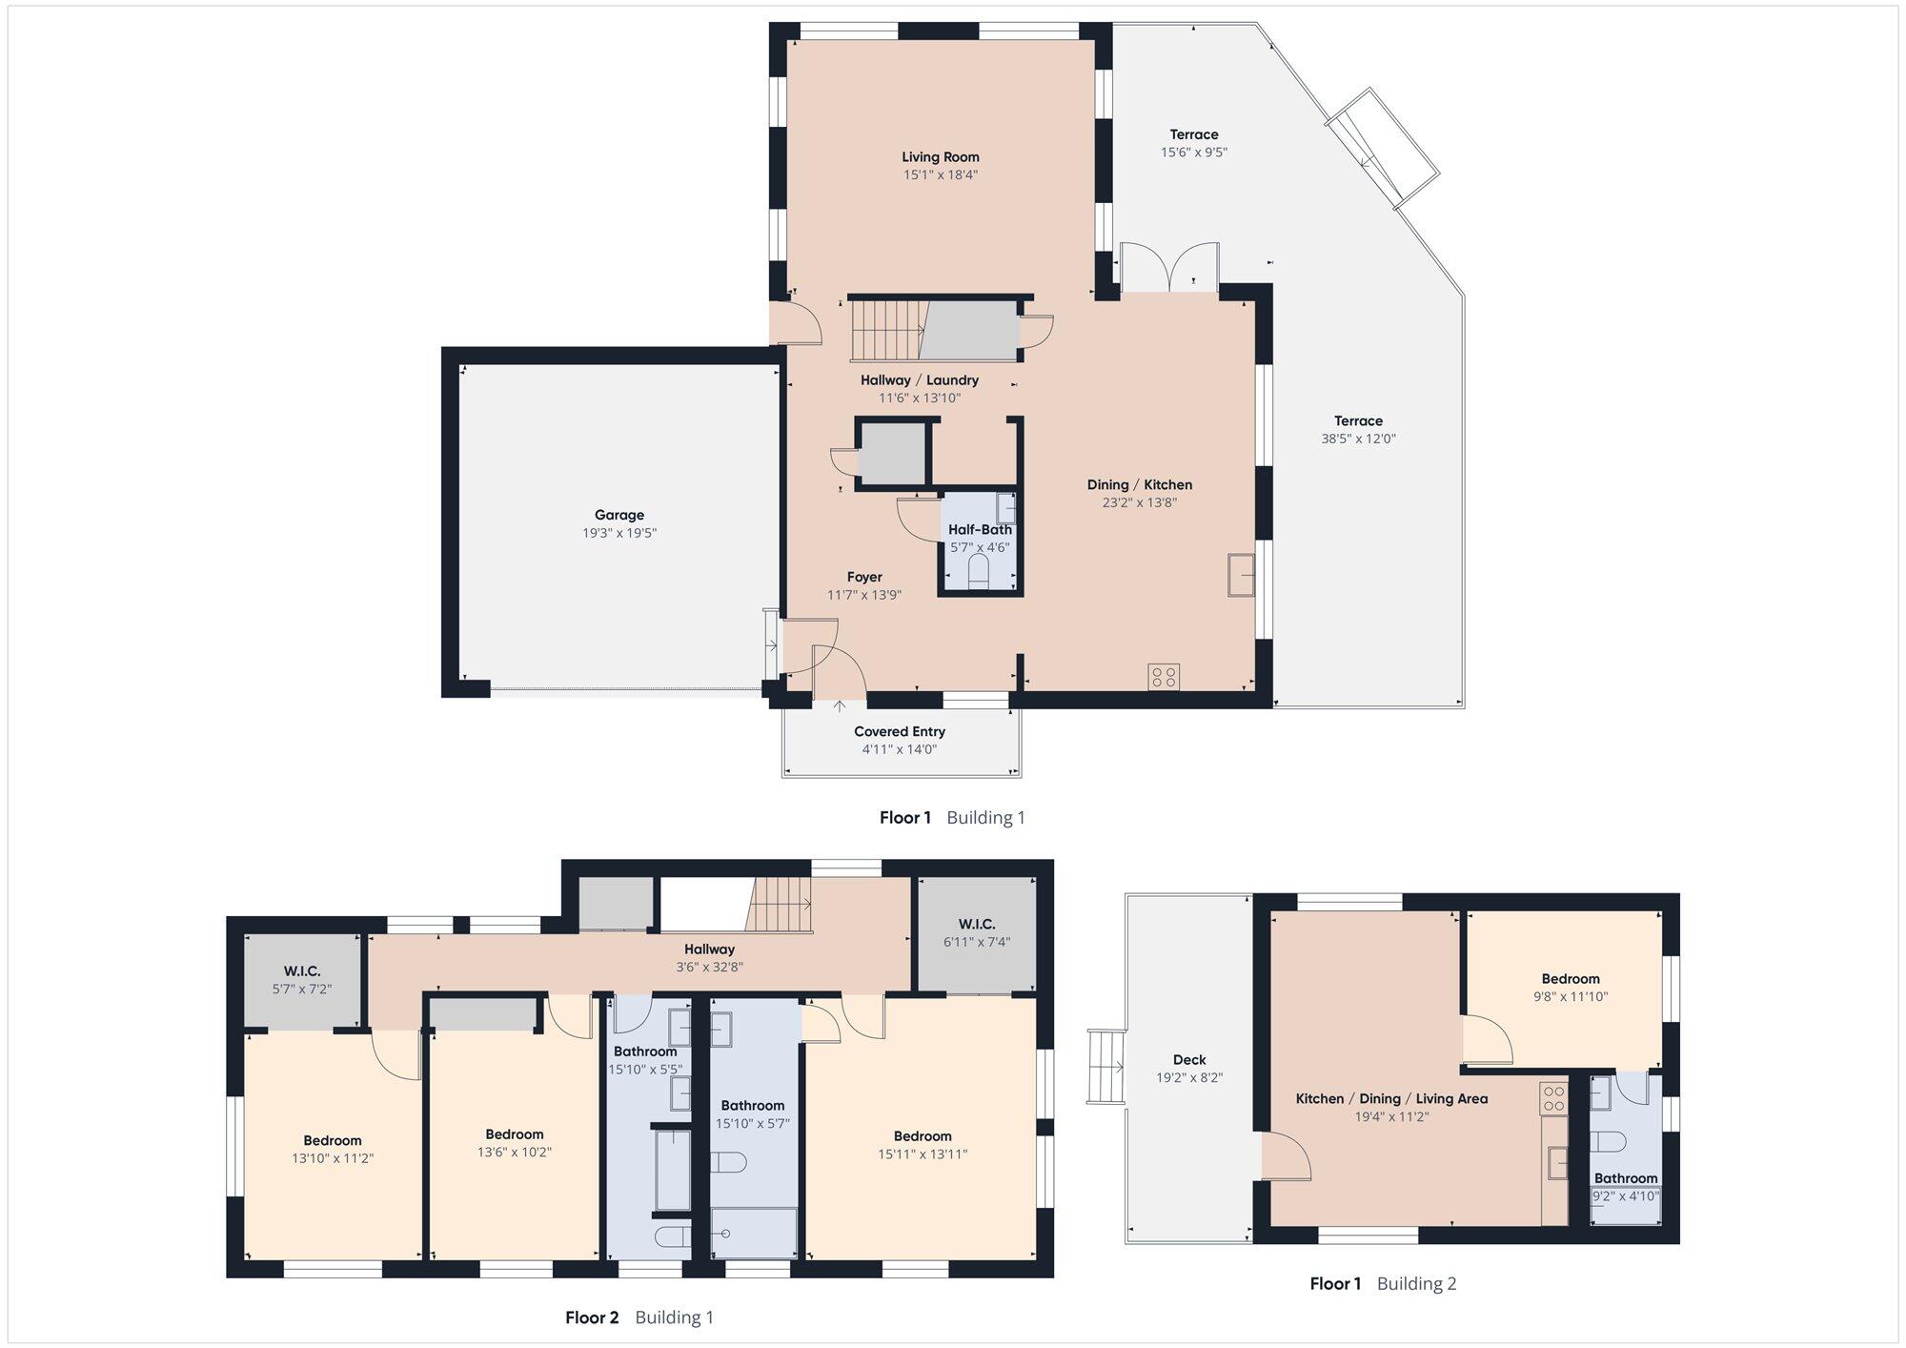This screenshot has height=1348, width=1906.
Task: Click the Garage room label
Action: (x=619, y=515)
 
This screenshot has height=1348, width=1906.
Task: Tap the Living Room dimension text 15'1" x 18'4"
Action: (x=941, y=174)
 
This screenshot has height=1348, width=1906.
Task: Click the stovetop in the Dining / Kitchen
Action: (x=1164, y=677)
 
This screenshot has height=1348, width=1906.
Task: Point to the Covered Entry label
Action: (x=900, y=731)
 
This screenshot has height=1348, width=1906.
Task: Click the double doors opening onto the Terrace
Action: (x=1169, y=268)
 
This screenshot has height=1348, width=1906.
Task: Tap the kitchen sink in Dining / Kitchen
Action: (x=1240, y=574)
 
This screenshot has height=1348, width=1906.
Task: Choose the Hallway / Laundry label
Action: (x=920, y=379)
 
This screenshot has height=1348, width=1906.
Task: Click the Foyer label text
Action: (x=864, y=577)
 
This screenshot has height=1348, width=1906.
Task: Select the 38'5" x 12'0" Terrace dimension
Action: (x=1358, y=439)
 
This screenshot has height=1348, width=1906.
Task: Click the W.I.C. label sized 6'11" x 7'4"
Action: (x=977, y=924)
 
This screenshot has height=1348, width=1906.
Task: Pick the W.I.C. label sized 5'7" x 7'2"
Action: (x=301, y=971)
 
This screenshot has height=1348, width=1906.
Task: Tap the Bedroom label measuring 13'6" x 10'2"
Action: (x=515, y=1134)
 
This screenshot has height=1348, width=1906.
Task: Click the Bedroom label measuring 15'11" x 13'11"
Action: (x=923, y=1135)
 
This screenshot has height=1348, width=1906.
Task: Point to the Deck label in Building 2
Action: (x=1189, y=1059)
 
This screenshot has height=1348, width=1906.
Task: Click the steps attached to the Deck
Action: (x=1105, y=1067)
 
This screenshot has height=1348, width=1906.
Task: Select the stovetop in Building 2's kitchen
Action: (x=1553, y=1098)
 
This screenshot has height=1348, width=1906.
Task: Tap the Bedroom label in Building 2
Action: (x=1571, y=978)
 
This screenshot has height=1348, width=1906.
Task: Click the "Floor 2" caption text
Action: (x=592, y=1317)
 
